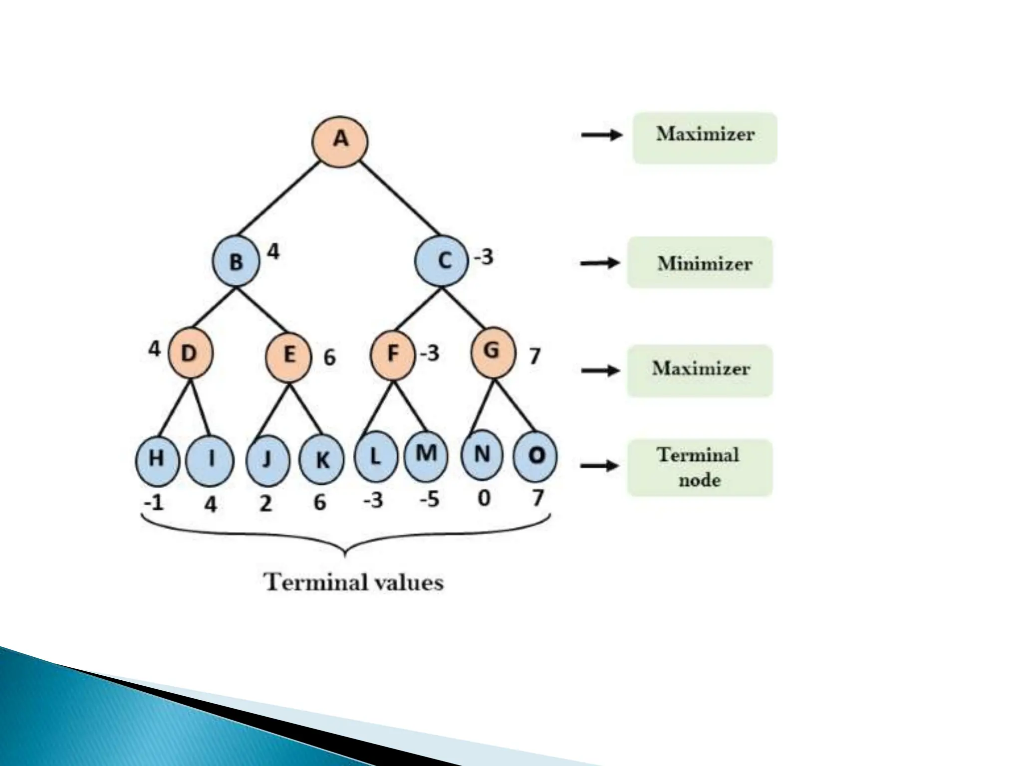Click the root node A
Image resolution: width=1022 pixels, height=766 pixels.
(x=340, y=140)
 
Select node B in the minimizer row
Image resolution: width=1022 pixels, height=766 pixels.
(x=236, y=261)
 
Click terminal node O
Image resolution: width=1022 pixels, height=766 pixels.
(x=535, y=456)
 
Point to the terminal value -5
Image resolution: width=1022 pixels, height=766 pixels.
(x=429, y=499)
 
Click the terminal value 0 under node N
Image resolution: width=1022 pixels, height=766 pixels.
(x=484, y=498)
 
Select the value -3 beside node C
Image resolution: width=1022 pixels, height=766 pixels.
(x=484, y=257)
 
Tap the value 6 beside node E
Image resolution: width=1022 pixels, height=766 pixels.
(x=329, y=357)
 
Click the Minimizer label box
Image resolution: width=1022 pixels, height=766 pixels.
(x=700, y=263)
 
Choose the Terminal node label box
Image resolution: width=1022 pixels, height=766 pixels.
(x=700, y=467)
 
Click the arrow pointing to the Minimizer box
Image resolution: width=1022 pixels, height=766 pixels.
(x=600, y=263)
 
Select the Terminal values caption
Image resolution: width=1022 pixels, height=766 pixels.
(x=353, y=582)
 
